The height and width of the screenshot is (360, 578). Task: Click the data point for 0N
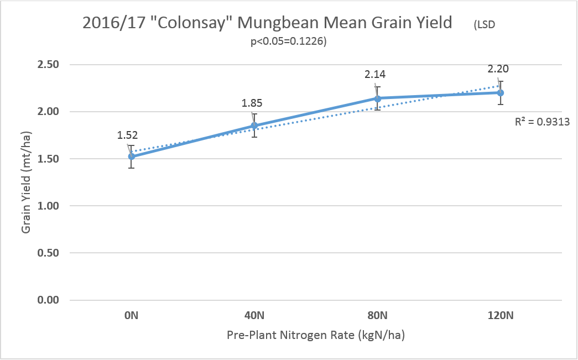(x=131, y=156)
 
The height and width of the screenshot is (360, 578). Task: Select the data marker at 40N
(x=254, y=126)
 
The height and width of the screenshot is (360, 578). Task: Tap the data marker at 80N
(x=378, y=98)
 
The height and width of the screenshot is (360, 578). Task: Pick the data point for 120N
(x=501, y=92)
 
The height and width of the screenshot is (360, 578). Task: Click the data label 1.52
(x=128, y=135)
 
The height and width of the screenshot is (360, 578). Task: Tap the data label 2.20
(x=498, y=69)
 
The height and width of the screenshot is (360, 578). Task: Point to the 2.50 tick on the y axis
(x=48, y=65)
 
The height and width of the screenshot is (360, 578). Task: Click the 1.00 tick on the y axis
(x=48, y=206)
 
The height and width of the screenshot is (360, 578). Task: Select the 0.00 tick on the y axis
(x=48, y=300)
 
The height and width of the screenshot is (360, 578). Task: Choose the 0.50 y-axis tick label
(x=48, y=253)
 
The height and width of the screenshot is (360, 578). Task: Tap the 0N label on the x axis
(x=131, y=316)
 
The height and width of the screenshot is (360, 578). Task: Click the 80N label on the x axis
(x=378, y=316)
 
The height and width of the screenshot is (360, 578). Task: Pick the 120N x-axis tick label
(x=501, y=316)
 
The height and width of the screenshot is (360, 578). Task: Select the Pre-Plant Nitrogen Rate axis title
(x=319, y=336)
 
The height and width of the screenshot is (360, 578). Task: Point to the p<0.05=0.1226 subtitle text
(x=288, y=41)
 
